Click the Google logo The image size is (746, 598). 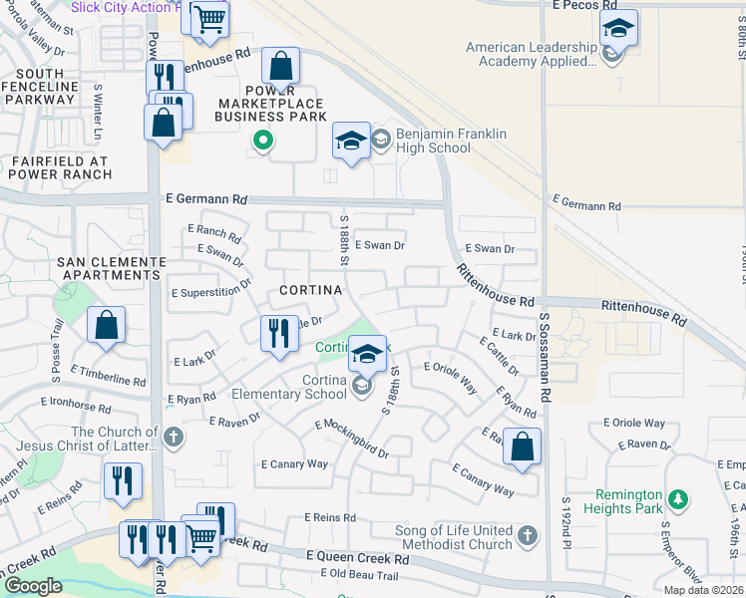pyautogui.click(x=33, y=586)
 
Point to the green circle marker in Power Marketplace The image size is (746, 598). pyautogui.click(x=262, y=141)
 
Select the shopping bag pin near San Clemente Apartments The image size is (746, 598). pyautogui.click(x=106, y=326)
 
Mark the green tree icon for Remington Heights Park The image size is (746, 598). pyautogui.click(x=679, y=496)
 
